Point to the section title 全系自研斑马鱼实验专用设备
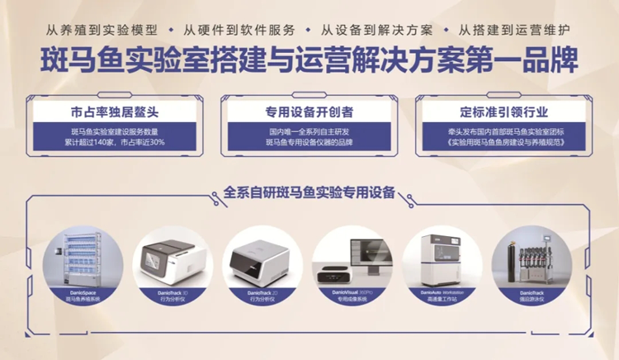click(309, 192)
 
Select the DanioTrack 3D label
click(173, 292)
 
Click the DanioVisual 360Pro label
click(350, 292)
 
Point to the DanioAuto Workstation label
click(443, 292)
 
